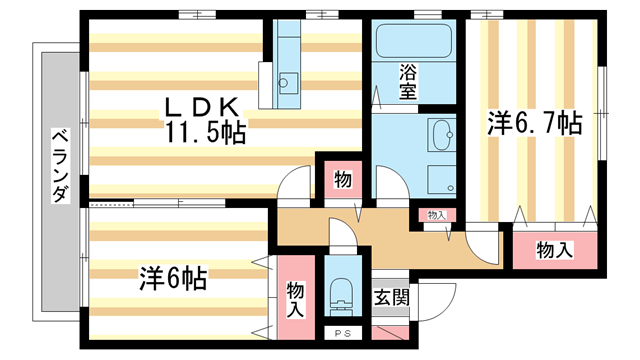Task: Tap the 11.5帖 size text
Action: pos(206,130)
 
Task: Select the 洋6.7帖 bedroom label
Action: pos(534,123)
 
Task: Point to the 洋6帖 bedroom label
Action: pos(172,278)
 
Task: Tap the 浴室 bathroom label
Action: pos(407,80)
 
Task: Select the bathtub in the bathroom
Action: pos(414,42)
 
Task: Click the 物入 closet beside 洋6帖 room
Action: pos(296,298)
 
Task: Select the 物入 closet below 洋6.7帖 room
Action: pos(553,249)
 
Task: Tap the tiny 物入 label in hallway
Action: pos(436,214)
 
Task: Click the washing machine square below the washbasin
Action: pos(440,179)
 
